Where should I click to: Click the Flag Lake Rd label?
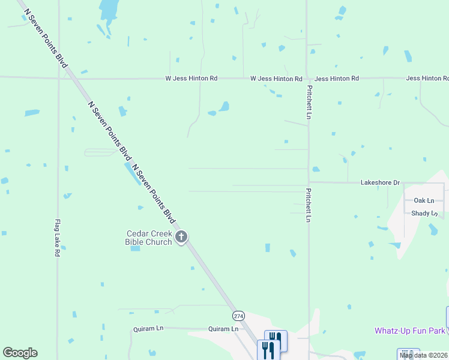(x=58, y=238)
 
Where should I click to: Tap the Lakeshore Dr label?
(x=379, y=182)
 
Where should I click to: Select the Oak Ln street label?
(x=423, y=200)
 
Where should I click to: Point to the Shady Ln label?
(x=424, y=214)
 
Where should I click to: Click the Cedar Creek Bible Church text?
(x=148, y=238)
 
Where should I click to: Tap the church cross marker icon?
(x=181, y=238)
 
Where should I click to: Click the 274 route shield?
(x=239, y=315)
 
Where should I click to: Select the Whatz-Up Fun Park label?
(x=410, y=331)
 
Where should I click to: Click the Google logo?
(x=20, y=353)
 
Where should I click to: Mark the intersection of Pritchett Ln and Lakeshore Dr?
(x=309, y=182)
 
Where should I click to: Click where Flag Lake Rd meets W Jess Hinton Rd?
(x=58, y=77)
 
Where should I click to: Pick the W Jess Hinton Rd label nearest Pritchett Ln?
(x=276, y=79)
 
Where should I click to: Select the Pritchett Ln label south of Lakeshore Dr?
(x=309, y=208)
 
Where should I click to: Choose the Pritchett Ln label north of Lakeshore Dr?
(x=309, y=101)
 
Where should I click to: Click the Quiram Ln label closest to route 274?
(x=223, y=329)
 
